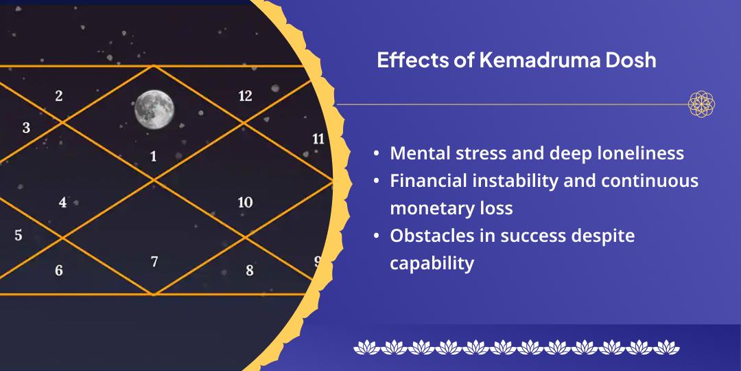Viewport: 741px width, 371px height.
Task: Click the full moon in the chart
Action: coord(154,109)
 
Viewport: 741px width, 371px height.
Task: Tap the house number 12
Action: coord(245,96)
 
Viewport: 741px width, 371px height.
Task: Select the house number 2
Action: coord(59,96)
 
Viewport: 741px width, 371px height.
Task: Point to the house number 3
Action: coord(26,128)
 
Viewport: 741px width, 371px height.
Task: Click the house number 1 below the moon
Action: coord(153,157)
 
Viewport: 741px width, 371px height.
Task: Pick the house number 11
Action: coord(318,139)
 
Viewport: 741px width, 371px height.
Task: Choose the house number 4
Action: coord(62,203)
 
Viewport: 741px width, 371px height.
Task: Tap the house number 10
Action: coord(245,203)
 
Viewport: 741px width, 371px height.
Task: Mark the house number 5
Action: coord(19,236)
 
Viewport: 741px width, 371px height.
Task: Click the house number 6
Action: coord(59,271)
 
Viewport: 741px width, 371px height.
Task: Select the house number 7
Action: coord(154,262)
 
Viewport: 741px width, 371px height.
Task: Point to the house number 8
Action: coord(250,271)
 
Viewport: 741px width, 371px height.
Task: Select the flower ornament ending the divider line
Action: coord(701,104)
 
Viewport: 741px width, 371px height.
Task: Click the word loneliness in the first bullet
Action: coord(641,153)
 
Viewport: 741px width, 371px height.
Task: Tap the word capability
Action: coord(432,263)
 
